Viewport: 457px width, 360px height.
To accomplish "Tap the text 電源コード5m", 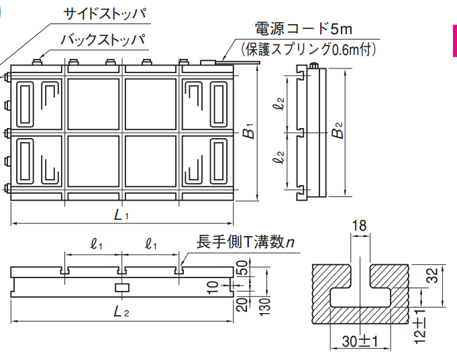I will point(303,29).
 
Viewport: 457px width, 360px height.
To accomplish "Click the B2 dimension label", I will point(338,130).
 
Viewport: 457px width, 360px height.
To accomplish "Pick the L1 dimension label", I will point(121,216).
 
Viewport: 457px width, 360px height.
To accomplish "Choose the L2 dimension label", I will point(121,312).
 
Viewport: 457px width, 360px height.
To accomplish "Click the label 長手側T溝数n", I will point(245,243).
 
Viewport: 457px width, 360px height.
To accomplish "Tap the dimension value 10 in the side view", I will point(213,287).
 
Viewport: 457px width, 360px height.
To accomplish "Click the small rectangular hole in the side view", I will point(121,287).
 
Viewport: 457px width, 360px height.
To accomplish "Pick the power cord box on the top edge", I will point(209,62).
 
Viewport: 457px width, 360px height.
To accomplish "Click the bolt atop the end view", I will point(314,65).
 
